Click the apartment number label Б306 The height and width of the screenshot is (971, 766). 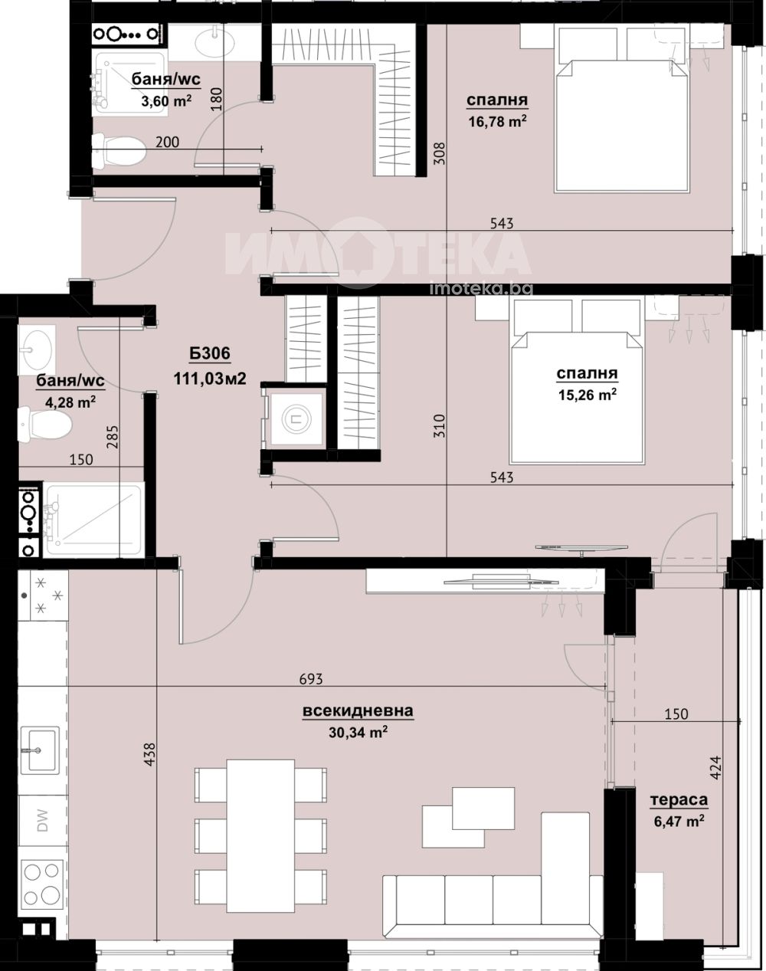(210, 353)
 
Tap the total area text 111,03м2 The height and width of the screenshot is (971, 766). (210, 379)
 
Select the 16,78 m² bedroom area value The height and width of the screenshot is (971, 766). (498, 121)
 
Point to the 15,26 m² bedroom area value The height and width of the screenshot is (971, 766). (588, 395)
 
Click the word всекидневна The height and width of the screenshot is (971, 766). (358, 710)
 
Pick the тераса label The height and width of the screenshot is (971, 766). (679, 800)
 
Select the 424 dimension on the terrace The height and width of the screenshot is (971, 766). (715, 767)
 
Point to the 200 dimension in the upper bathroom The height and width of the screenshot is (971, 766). (167, 142)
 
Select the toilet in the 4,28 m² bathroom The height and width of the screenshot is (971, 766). (44, 423)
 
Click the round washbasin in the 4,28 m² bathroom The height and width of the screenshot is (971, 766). (36, 349)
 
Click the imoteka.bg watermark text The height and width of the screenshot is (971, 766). (481, 288)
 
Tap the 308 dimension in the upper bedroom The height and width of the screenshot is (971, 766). (440, 153)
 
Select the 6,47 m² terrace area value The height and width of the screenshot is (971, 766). (679, 821)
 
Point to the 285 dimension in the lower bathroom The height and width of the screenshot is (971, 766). (113, 437)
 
